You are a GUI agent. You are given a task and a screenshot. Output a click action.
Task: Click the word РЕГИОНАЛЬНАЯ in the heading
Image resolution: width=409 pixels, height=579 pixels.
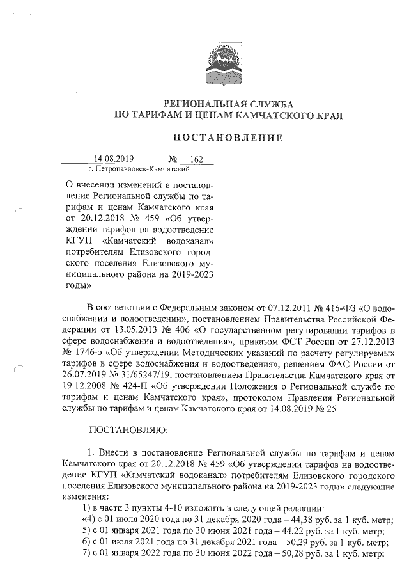pyautogui.click(x=202, y=104)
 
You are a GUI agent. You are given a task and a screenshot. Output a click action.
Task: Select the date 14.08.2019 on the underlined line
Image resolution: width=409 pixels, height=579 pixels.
pyautogui.click(x=112, y=159)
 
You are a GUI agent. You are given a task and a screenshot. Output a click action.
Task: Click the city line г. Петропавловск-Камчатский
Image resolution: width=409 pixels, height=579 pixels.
pyautogui.click(x=139, y=170)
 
